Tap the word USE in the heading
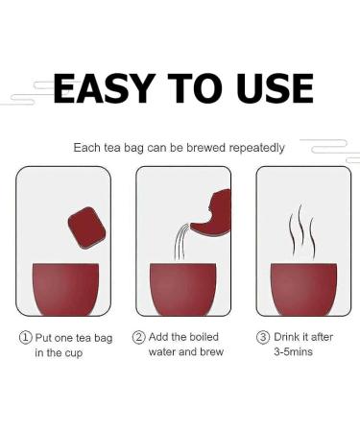pyautogui.click(x=275, y=88)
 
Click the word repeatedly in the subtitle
pyautogui.click(x=256, y=148)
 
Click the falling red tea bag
pyautogui.click(x=87, y=228)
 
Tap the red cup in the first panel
pyautogui.click(x=65, y=289)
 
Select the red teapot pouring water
pyautogui.click(x=211, y=213)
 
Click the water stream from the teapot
pyautogui.click(x=180, y=242)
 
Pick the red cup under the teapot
pyautogui.click(x=183, y=289)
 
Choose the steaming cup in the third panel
pyautogui.click(x=303, y=289)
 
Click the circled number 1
pyautogui.click(x=26, y=338)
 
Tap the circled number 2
pyautogui.click(x=139, y=337)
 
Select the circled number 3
pyautogui.click(x=263, y=337)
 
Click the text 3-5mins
pyautogui.click(x=293, y=351)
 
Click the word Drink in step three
pyautogui.click(x=287, y=337)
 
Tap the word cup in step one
pyautogui.click(x=74, y=353)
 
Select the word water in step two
pyautogui.click(x=162, y=351)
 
